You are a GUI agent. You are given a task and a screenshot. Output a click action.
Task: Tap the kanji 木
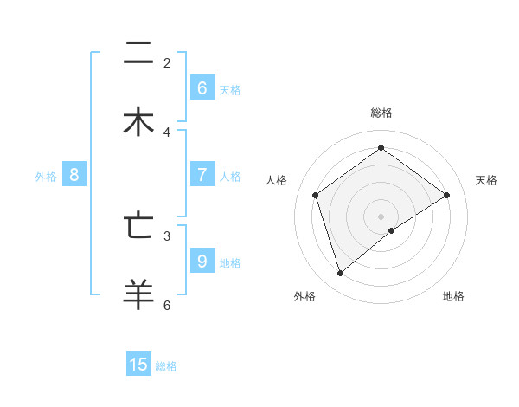pos(138,122)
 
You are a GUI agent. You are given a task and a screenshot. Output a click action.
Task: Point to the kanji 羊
pos(138,294)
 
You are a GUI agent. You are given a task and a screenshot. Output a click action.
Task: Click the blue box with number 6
pos(202,87)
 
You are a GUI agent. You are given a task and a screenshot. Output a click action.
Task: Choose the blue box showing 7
pos(202,174)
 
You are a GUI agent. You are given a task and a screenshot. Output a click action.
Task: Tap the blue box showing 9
pos(202,260)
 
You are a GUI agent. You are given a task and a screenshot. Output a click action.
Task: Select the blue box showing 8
pos(74,174)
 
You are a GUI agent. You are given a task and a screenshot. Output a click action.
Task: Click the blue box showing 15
pos(138,365)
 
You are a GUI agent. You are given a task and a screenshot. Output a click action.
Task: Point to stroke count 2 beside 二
pos(167,62)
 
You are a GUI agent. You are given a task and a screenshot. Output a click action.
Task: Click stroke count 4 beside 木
pos(167,132)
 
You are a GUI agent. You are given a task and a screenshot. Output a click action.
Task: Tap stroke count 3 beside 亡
pos(167,235)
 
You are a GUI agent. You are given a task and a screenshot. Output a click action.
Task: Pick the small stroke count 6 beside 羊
pos(167,304)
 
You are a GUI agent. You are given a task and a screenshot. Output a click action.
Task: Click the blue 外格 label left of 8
pos(46,177)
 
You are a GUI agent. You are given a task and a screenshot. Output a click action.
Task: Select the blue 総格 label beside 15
pos(166,366)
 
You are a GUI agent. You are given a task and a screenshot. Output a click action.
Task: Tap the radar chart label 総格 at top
pos(381,113)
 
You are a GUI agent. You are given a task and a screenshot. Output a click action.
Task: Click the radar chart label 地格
pos(453,296)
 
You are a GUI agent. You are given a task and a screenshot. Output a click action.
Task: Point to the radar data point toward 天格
pos(447,195)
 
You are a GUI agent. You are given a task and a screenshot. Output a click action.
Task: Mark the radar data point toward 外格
pos(341,274)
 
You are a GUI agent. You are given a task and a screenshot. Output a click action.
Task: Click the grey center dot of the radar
pos(381,216)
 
